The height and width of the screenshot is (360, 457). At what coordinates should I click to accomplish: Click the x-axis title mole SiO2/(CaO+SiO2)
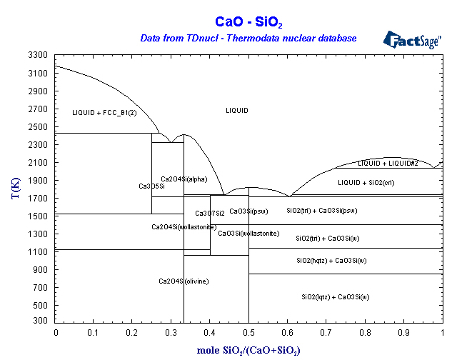point(248,350)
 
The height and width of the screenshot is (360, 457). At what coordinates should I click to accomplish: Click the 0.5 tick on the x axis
point(249,332)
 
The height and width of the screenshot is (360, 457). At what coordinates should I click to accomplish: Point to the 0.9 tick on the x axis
point(403,332)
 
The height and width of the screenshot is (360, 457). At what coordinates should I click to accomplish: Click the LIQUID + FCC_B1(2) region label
point(104,113)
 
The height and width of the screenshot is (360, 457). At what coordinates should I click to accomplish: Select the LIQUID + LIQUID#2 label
point(388,164)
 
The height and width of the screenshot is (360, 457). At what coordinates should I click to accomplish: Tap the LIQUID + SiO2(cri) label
point(366,183)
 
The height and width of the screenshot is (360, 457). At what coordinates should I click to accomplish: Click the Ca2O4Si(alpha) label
point(184,179)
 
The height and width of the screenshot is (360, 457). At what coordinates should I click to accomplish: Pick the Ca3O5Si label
point(151,186)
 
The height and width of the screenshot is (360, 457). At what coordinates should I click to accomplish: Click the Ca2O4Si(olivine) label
point(184,281)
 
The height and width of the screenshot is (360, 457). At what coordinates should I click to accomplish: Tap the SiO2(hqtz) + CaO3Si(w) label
point(331,260)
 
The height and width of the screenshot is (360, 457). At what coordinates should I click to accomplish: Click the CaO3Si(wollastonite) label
point(248,234)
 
